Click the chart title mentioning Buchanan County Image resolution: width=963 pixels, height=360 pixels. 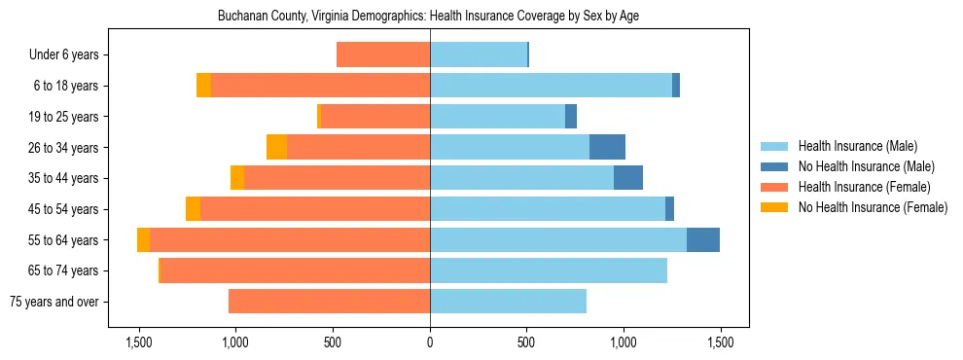pos(428,17)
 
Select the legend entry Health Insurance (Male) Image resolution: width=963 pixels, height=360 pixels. pos(857,146)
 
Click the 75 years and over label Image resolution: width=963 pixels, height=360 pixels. pos(53,302)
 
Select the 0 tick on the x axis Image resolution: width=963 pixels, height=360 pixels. pos(430,342)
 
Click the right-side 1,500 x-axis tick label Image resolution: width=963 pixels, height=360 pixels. pos(720,342)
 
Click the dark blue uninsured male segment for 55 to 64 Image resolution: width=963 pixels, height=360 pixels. pos(703,240)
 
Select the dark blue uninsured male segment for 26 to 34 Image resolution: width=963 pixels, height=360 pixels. pos(607,147)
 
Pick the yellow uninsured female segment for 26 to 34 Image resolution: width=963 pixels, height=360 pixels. pos(277,147)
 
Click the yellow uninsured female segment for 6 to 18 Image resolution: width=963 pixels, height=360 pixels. pos(203,86)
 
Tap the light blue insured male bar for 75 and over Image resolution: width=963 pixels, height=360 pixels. pos(508,302)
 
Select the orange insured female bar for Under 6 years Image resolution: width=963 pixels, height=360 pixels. pos(383,55)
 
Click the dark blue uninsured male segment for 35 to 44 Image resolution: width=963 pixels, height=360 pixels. pos(628,178)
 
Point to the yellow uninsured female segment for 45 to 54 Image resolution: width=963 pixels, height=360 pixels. pos(193,209)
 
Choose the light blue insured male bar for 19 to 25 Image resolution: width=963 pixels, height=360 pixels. pos(497,117)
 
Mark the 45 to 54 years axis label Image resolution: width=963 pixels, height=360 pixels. pos(64,209)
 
